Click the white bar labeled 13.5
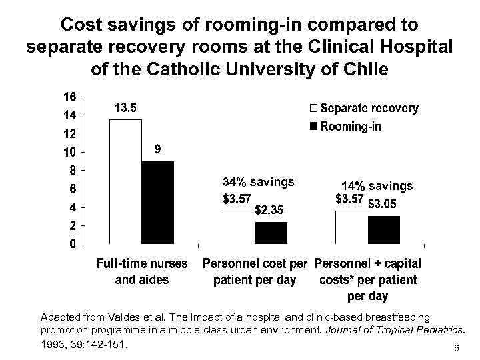(125, 181)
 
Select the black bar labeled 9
(157, 203)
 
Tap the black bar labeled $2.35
(271, 233)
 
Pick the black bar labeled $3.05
(384, 230)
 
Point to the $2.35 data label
(273, 211)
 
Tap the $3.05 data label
(385, 203)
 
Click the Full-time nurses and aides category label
(143, 271)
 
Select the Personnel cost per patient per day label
(255, 271)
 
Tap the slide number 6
(455, 349)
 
